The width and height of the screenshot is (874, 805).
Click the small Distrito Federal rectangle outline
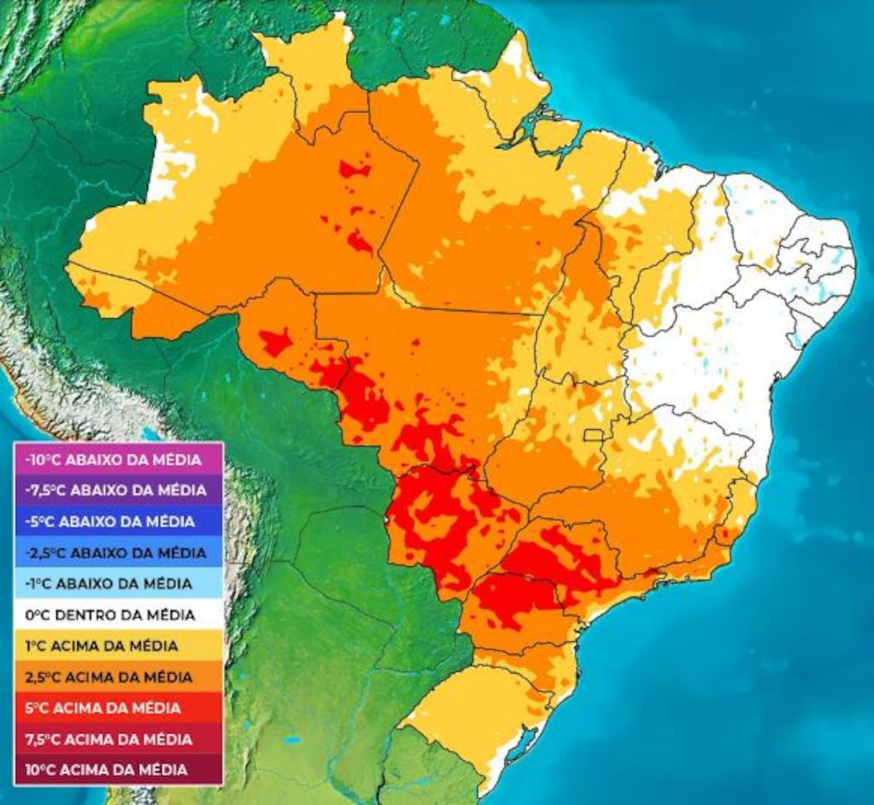(594, 435)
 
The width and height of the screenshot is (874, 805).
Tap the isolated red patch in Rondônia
(276, 341)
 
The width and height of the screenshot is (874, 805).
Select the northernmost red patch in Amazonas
(355, 170)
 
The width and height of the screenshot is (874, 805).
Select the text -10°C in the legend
(45, 460)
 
